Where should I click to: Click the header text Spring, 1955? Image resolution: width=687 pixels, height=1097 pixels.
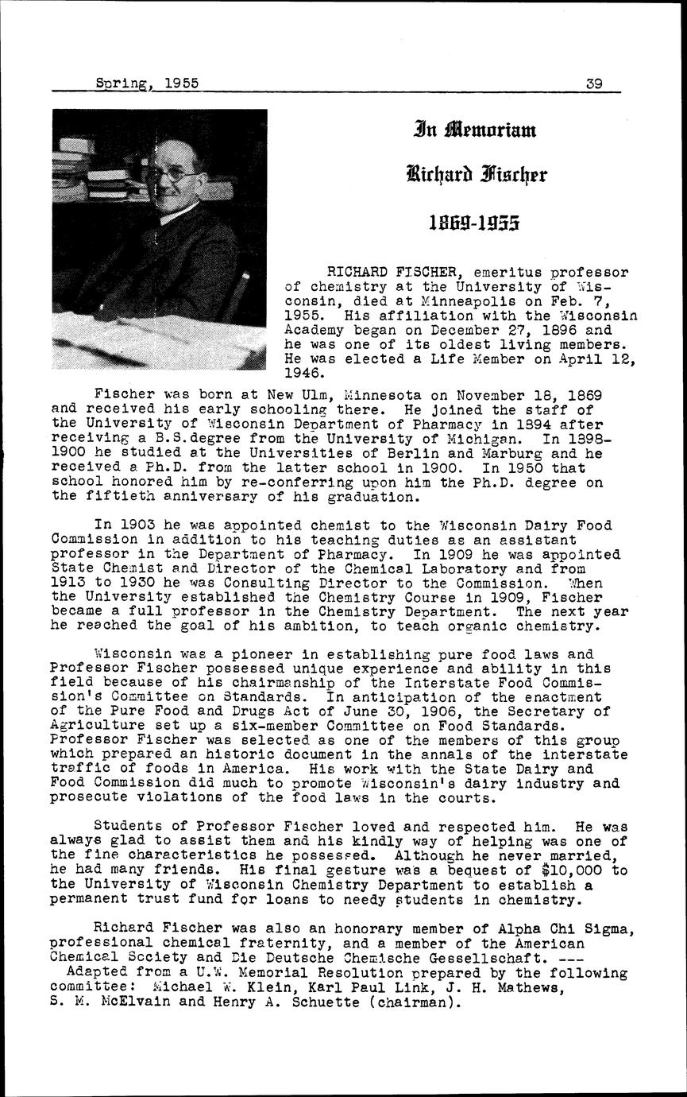click(x=146, y=82)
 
